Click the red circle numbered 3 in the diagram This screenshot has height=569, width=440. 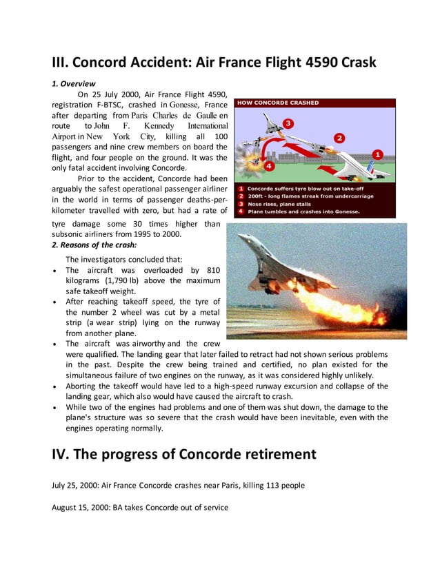(288, 124)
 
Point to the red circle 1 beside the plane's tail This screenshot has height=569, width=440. (377, 154)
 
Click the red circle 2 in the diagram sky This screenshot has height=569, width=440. (339, 138)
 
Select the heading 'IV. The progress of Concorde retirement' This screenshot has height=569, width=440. (184, 454)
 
